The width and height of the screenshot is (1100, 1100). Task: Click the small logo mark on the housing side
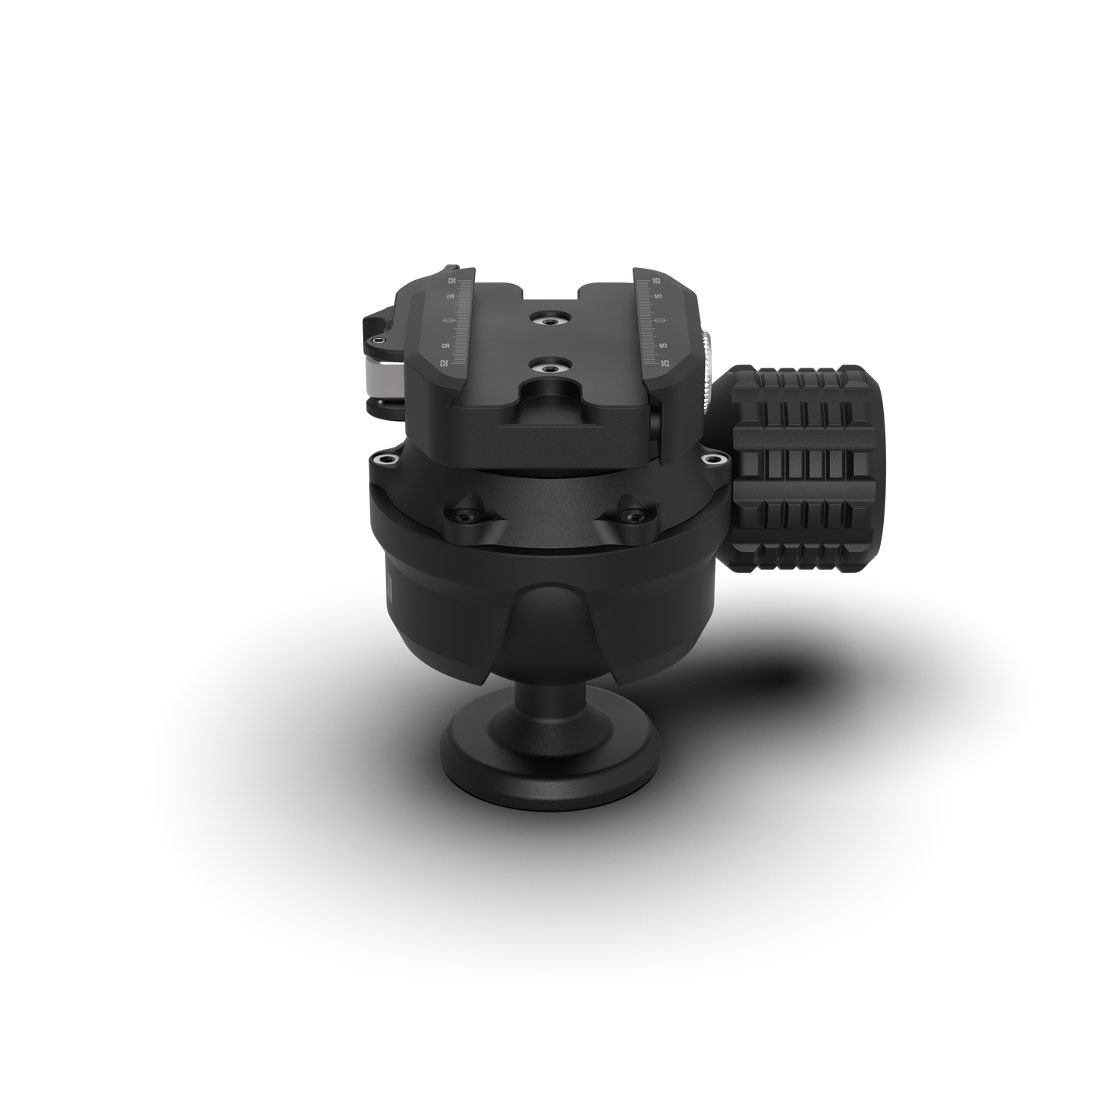pos(387,585)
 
